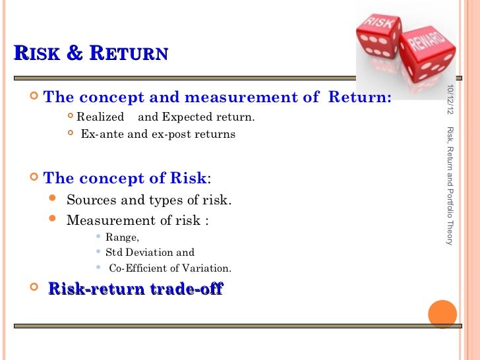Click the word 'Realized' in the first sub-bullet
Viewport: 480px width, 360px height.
click(x=100, y=117)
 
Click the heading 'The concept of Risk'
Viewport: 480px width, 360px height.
click(x=125, y=178)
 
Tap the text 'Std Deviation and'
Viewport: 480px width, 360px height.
click(x=150, y=253)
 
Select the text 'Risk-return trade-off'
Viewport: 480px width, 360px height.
click(x=136, y=289)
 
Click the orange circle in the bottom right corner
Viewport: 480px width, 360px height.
click(x=442, y=315)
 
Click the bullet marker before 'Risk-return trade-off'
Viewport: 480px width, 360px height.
click(x=34, y=289)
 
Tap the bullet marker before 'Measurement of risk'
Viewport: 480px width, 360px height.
click(x=53, y=220)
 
